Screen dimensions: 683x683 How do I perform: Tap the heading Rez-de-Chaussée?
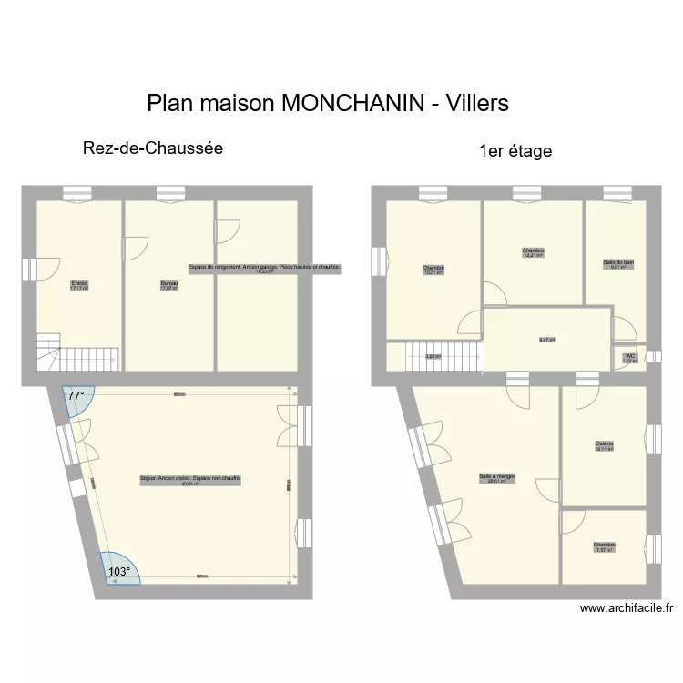[x=153, y=148]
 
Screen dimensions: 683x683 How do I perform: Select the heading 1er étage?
[x=515, y=151]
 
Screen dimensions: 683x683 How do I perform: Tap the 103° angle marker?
[x=118, y=571]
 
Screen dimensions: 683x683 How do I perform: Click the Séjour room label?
[x=190, y=480]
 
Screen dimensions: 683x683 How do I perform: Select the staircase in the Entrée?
[x=77, y=352]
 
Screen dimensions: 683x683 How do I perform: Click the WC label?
[x=629, y=358]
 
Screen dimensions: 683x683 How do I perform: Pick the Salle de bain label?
[x=618, y=264]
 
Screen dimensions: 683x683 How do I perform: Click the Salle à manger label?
[x=497, y=477]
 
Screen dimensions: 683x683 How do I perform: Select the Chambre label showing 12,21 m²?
[x=533, y=252]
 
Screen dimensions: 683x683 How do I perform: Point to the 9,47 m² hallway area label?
[x=546, y=340]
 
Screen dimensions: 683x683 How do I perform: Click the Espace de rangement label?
[x=264, y=269]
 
